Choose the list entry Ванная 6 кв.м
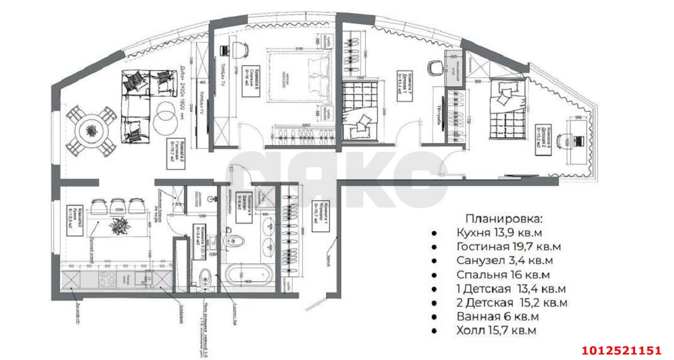click(x=497, y=316)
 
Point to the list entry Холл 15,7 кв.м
click(x=496, y=330)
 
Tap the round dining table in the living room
click(x=91, y=130)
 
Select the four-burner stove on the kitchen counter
click(x=107, y=279)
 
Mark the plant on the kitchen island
click(x=118, y=226)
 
